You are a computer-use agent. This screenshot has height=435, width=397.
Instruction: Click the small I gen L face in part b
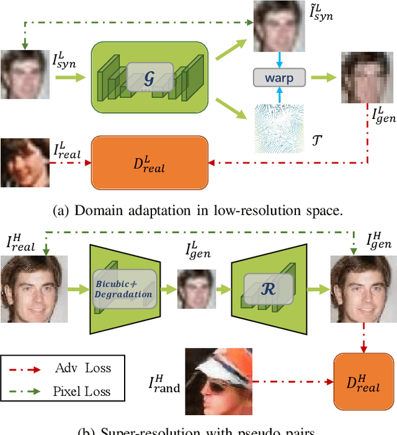(x=197, y=288)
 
